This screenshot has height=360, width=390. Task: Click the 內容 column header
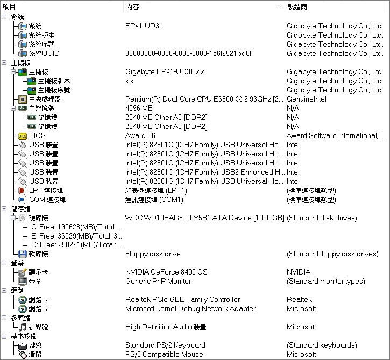tap(132, 6)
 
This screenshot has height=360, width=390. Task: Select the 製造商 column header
tap(297, 6)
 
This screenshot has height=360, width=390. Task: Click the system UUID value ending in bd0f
tap(188, 53)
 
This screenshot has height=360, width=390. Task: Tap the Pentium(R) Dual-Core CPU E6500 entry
tap(204, 99)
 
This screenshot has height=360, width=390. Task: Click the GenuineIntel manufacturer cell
tap(307, 99)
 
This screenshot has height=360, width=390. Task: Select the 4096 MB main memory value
tap(139, 109)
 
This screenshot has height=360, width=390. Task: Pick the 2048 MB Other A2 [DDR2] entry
tap(166, 126)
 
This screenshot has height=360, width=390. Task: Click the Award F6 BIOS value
tap(140, 135)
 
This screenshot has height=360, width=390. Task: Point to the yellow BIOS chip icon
tap(23, 136)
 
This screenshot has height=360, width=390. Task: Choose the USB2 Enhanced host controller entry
tap(205, 172)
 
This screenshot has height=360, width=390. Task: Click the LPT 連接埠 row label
tap(46, 191)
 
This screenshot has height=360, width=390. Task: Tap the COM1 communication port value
tap(154, 200)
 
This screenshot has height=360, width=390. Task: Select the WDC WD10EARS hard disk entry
tap(205, 218)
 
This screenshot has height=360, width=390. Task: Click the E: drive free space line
tap(76, 236)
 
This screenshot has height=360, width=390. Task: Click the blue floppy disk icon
tap(23, 254)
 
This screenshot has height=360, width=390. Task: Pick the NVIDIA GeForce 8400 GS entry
tap(166, 272)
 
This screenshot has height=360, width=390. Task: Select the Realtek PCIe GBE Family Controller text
tap(182, 299)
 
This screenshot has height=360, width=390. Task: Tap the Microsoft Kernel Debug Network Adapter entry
tap(190, 308)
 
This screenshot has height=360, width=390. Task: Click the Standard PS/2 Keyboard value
tap(165, 345)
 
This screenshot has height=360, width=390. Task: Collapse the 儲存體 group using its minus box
tap(4, 208)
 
